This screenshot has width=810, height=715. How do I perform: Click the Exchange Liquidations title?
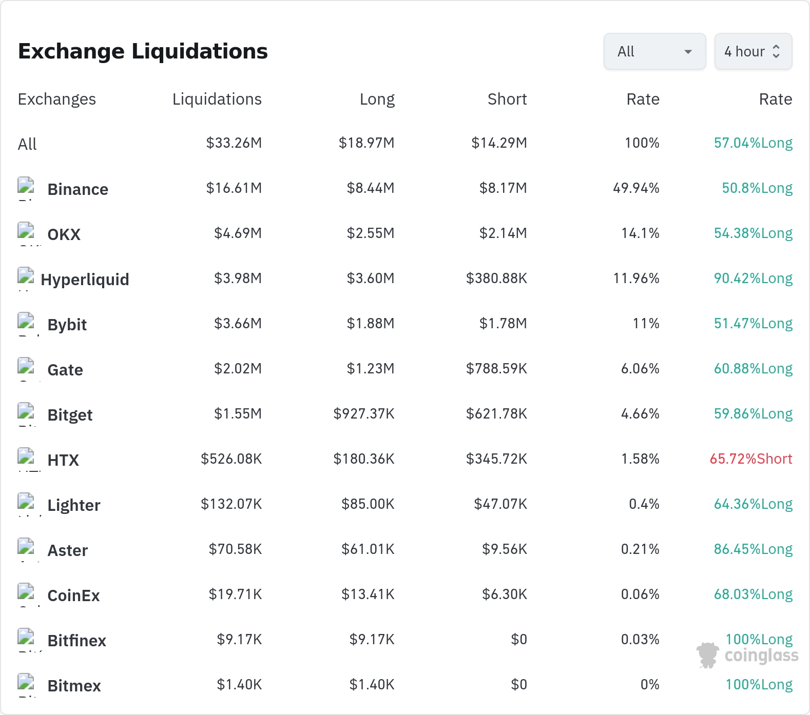(x=143, y=51)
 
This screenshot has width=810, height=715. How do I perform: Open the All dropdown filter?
(x=654, y=51)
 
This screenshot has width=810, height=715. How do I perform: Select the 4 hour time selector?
(x=753, y=51)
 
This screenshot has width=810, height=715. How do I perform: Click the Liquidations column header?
(x=217, y=99)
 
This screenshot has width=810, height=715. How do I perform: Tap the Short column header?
(x=507, y=99)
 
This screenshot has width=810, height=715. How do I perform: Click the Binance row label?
(x=78, y=189)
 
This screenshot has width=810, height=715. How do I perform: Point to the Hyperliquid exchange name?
(x=85, y=280)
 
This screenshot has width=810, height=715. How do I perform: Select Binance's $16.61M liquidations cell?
(x=234, y=188)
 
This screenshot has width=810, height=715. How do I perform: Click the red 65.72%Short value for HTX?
(x=751, y=459)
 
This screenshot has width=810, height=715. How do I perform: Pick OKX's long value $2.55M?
(x=371, y=233)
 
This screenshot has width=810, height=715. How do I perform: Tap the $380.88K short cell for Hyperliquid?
(x=496, y=279)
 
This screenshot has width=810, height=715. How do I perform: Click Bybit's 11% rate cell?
(x=646, y=324)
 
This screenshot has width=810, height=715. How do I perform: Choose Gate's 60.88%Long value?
(x=753, y=369)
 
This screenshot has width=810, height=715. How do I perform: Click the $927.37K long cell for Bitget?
(x=364, y=414)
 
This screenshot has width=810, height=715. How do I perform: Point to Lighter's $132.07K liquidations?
(x=232, y=504)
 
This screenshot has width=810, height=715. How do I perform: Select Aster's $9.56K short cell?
(x=505, y=549)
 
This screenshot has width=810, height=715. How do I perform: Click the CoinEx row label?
(x=73, y=595)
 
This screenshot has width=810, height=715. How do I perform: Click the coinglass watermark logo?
(x=747, y=655)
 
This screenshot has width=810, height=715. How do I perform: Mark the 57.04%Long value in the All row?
(x=753, y=143)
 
